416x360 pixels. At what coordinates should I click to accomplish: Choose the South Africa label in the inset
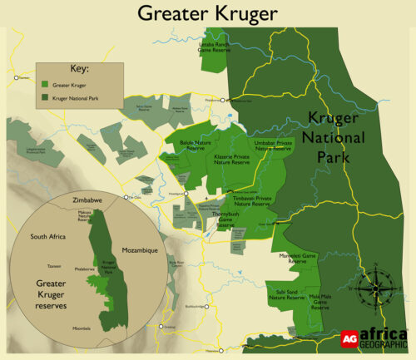[48, 237]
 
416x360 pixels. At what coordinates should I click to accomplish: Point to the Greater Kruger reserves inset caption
[57, 293]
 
